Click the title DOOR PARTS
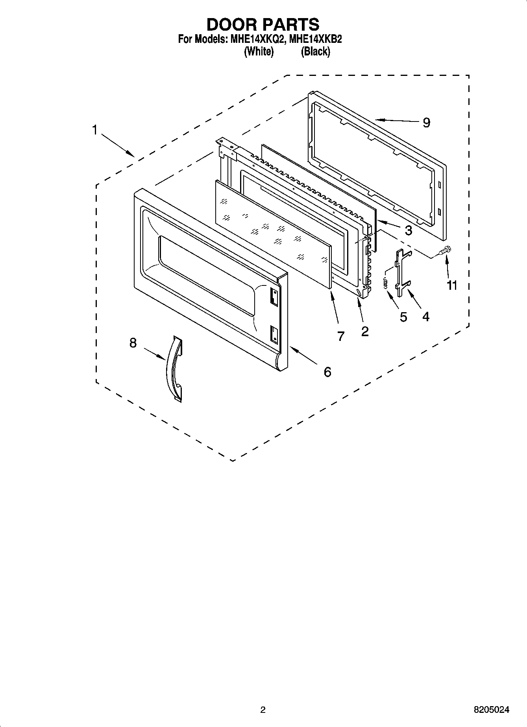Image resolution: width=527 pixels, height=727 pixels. point(263,24)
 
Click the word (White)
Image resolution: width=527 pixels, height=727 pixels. point(259,52)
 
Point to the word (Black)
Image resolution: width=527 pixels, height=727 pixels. point(315,52)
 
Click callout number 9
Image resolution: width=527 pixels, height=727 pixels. point(426,123)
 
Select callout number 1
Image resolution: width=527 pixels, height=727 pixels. point(94,130)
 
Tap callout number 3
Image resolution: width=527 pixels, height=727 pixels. point(408,230)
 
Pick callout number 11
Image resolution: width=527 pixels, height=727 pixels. point(452,285)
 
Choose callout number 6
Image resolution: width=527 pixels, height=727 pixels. point(327,372)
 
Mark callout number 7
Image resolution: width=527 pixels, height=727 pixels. point(341,336)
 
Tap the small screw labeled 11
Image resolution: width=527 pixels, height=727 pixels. point(446,250)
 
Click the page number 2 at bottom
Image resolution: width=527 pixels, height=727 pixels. point(263,710)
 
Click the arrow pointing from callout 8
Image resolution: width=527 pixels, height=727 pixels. point(154,353)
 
